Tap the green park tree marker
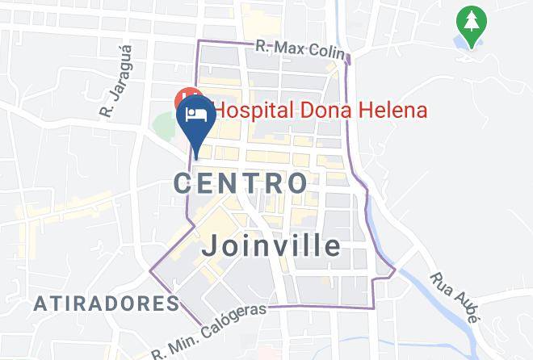click(469, 24)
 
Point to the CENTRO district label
click(241, 182)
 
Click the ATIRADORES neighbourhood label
click(107, 304)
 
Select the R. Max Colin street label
click(300, 48)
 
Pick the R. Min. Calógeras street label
click(211, 333)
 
